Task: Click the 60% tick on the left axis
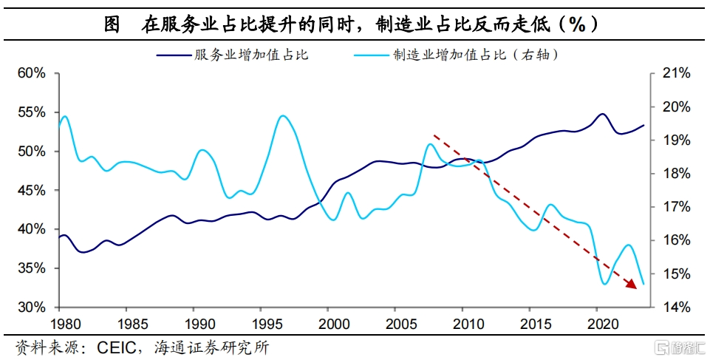click(x=32, y=73)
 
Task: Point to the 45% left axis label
click(x=32, y=190)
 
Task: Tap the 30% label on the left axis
click(x=32, y=307)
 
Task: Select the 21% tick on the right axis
click(x=675, y=73)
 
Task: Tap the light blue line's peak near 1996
click(x=282, y=116)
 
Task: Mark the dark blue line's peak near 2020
click(x=602, y=114)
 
